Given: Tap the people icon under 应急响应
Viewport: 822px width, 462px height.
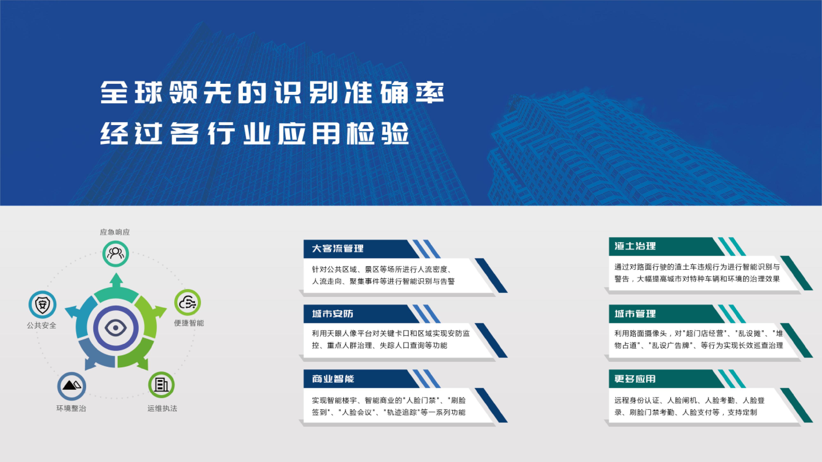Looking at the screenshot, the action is (115, 253).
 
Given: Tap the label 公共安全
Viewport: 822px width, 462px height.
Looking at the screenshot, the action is (42, 325).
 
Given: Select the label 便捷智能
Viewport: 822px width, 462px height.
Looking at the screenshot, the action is (189, 323).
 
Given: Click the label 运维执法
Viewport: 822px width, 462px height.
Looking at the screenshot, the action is (162, 408).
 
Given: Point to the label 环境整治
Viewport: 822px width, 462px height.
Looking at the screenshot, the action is (71, 408).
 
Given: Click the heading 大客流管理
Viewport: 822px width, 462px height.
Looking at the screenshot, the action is (338, 249).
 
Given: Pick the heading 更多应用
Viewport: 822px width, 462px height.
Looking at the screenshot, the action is (635, 379).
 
